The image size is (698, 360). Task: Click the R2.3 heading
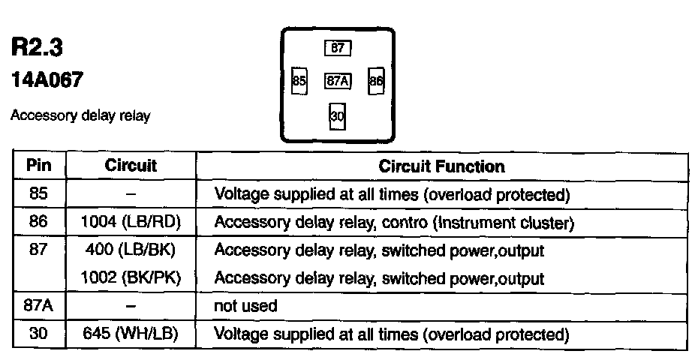coord(37,48)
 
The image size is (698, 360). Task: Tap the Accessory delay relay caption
coord(80,116)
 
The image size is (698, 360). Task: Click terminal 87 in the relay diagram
coord(338,48)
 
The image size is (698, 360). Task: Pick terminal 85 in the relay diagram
coord(299,81)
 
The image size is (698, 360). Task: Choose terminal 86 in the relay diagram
coord(376,81)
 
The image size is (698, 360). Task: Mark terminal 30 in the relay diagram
coord(337,116)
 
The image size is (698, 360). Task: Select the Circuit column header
coord(131,166)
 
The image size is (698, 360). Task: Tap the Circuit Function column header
coord(441,166)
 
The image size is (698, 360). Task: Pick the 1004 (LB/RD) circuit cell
coord(131,222)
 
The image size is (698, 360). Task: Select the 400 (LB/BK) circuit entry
coord(131,250)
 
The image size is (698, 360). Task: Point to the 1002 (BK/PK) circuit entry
coord(131,277)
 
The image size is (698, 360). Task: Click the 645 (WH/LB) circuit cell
coord(131,333)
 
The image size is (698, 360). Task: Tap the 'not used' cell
coord(245,306)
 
